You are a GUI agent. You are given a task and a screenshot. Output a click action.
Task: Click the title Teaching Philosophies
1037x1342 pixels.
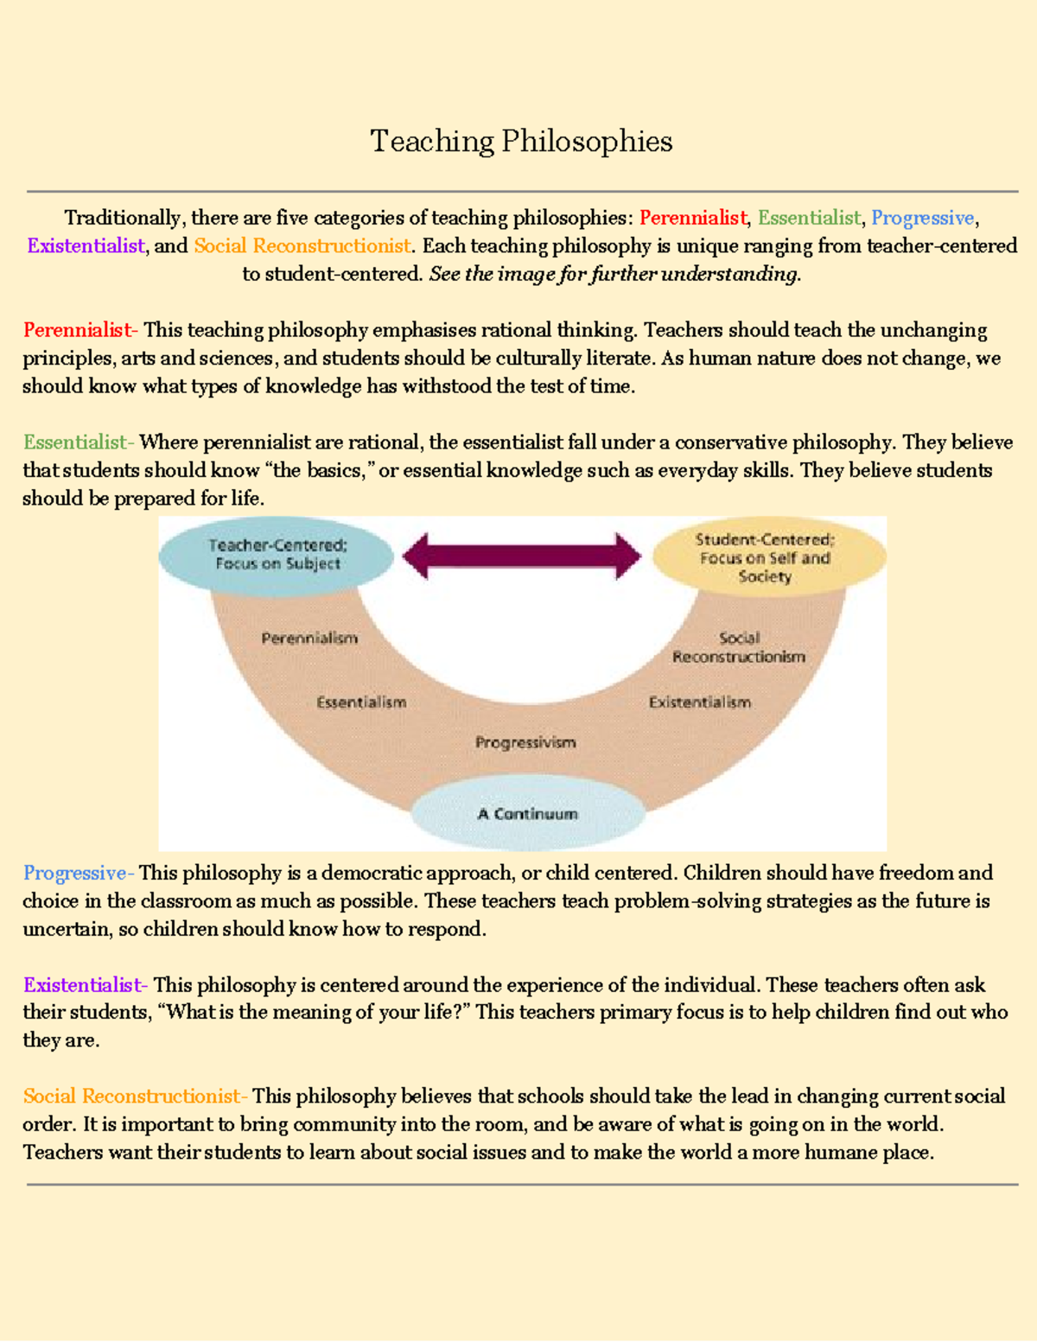tap(521, 141)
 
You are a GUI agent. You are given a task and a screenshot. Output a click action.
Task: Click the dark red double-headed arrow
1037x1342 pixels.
tap(522, 556)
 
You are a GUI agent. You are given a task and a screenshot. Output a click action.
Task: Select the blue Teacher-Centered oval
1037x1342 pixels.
tap(277, 555)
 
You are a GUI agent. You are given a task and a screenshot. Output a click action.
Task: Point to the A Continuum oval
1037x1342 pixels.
tap(527, 814)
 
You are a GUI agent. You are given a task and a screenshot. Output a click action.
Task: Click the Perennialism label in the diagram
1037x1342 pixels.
tap(309, 639)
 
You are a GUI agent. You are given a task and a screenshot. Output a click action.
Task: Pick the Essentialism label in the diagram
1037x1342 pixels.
tap(361, 703)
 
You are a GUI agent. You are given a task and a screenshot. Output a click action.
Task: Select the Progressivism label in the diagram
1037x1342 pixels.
tap(525, 742)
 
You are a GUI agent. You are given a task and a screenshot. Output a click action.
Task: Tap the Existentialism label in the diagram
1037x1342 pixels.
tap(700, 703)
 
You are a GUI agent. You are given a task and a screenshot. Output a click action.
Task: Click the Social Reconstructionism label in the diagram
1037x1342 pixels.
tap(739, 648)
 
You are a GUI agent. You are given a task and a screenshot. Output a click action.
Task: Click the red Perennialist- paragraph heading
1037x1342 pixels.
tap(80, 330)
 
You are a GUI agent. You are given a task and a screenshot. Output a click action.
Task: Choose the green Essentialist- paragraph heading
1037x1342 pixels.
tap(78, 442)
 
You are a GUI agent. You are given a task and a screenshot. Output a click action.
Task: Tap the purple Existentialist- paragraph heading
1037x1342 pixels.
tap(85, 985)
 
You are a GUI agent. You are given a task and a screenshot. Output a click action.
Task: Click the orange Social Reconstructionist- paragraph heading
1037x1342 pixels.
tap(135, 1097)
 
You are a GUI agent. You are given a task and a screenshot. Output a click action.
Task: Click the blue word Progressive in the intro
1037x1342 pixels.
tap(922, 218)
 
